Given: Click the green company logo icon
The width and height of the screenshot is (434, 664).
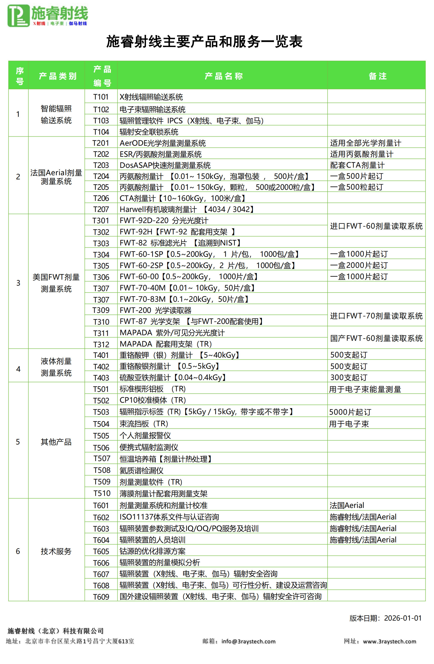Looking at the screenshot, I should pyautogui.click(x=18, y=16).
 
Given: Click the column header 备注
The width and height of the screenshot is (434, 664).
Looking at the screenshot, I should pyautogui.click(x=377, y=76).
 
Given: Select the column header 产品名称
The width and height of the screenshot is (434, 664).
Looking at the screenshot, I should pyautogui.click(x=224, y=76).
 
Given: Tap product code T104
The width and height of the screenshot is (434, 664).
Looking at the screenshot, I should pyautogui.click(x=101, y=132).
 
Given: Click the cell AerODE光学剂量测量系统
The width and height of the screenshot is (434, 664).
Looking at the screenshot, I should pyautogui.click(x=162, y=143).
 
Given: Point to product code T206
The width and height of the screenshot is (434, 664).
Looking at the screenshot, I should pyautogui.click(x=101, y=198).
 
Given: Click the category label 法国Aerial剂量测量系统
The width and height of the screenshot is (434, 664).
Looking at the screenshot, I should pyautogui.click(x=56, y=177).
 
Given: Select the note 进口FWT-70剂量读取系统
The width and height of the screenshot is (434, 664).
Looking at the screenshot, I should pyautogui.click(x=376, y=316).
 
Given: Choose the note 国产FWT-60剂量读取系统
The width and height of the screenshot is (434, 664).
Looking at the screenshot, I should pyautogui.click(x=376, y=338).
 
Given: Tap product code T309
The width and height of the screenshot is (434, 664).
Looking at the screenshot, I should pyautogui.click(x=101, y=310).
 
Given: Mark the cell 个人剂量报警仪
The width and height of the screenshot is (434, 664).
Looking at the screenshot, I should pyautogui.click(x=145, y=435).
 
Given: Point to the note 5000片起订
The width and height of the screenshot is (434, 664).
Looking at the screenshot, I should pyautogui.click(x=350, y=412).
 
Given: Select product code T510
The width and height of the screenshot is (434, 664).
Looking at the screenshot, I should pyautogui.click(x=102, y=493).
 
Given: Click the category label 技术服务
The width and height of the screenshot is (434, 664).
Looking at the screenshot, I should pyautogui.click(x=56, y=551).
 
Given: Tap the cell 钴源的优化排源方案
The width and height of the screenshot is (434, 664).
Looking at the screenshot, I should pyautogui.click(x=152, y=551).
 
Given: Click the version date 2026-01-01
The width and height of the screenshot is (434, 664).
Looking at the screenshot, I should pyautogui.click(x=402, y=618).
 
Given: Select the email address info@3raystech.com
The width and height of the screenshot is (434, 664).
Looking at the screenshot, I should pyautogui.click(x=248, y=641).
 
